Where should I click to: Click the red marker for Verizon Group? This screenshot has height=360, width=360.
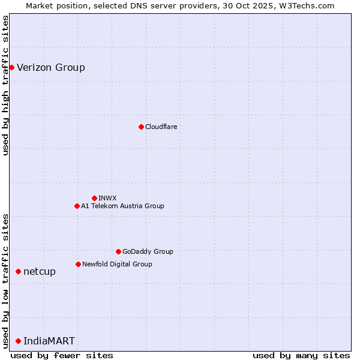click(x=11, y=67)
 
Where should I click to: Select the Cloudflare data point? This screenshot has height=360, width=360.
click(x=141, y=127)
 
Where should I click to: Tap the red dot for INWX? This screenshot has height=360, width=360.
click(x=94, y=198)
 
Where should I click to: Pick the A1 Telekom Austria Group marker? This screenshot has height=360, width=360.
click(x=77, y=206)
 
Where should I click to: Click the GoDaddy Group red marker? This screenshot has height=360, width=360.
click(x=118, y=251)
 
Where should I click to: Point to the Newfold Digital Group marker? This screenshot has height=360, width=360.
click(x=78, y=264)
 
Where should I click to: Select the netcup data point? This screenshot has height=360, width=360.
click(x=18, y=272)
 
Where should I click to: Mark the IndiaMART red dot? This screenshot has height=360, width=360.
click(x=18, y=341)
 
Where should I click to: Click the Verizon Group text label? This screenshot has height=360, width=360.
click(x=51, y=67)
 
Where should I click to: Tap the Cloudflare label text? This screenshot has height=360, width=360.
click(x=161, y=127)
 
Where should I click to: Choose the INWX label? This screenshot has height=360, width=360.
click(x=107, y=198)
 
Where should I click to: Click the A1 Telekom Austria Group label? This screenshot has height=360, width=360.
click(x=122, y=206)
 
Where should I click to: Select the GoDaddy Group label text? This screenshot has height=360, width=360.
click(x=148, y=251)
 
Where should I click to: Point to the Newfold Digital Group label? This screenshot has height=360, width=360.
click(x=117, y=264)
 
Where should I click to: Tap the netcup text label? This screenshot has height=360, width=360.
click(x=40, y=272)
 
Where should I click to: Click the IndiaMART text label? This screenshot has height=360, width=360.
click(x=49, y=341)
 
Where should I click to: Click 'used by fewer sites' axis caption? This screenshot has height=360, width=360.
click(x=62, y=355)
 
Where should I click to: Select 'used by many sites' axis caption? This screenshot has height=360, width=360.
click(x=301, y=355)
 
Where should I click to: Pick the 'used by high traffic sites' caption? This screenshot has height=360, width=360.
click(x=5, y=85)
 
